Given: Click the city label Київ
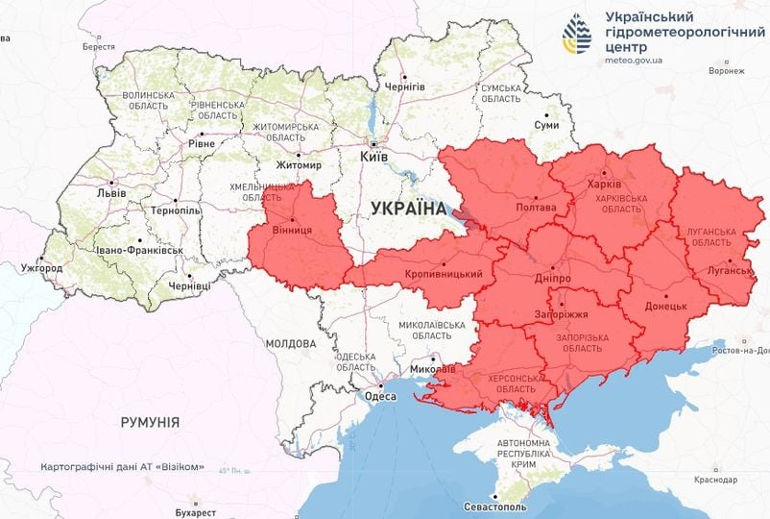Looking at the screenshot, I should [x=373, y=156].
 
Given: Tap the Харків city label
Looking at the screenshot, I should [x=604, y=184].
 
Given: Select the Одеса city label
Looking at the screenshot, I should [x=380, y=396].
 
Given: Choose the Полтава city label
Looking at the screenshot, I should [x=536, y=207].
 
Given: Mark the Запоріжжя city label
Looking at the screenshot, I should [x=562, y=314].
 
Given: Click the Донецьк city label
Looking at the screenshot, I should [x=666, y=306].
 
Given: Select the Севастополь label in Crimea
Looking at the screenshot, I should [x=495, y=507].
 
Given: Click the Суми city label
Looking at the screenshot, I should [x=547, y=126].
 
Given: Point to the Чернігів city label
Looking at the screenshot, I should [x=404, y=86].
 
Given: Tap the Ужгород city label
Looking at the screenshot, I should [x=41, y=267].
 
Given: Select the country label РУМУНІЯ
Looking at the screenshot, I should [x=150, y=422].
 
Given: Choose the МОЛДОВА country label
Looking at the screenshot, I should [x=291, y=343].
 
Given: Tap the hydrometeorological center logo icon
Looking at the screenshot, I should [x=578, y=36].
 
